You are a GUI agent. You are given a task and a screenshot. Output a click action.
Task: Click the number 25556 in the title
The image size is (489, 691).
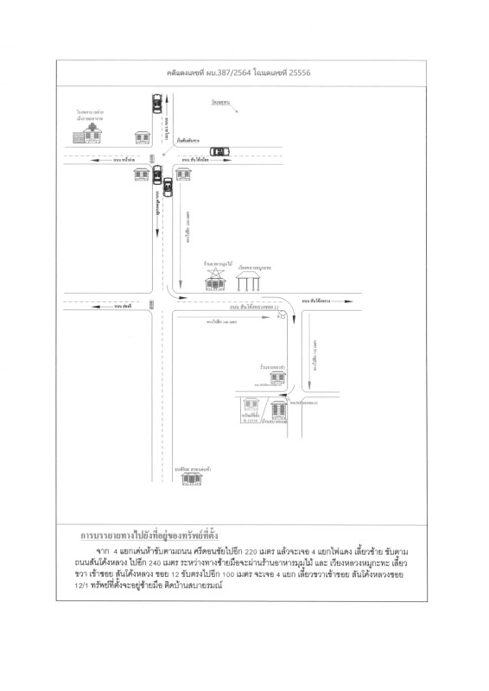[298, 73]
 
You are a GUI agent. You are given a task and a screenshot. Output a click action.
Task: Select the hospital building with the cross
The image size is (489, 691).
[90, 132]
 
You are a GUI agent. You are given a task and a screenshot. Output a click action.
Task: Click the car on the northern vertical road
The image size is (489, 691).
[157, 103]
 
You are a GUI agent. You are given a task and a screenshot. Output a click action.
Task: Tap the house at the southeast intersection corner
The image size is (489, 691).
[182, 174]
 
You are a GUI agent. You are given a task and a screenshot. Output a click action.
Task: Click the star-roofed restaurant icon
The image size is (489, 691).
[213, 278]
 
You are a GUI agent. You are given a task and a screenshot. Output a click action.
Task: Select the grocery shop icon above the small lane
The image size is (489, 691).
[276, 377]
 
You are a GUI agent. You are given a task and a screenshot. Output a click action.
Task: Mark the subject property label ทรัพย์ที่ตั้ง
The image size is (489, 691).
[251, 417]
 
